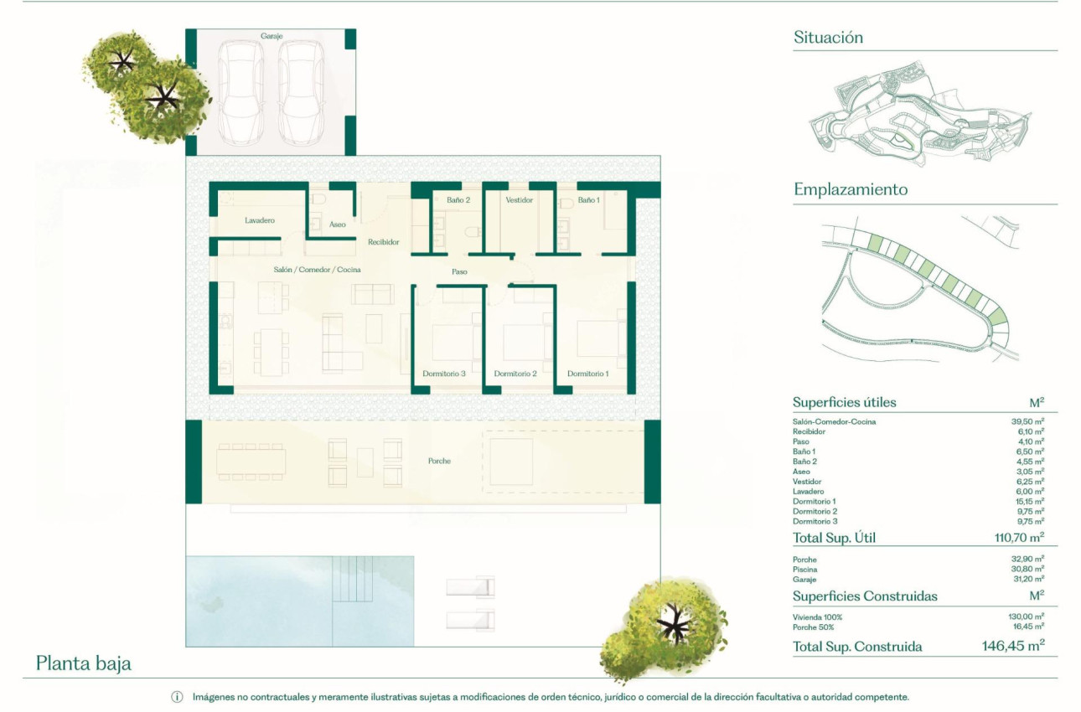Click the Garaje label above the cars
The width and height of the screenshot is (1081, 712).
click(271, 37)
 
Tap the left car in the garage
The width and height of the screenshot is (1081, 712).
click(241, 91)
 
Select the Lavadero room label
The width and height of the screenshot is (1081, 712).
click(260, 221)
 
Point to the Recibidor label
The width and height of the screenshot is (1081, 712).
click(383, 242)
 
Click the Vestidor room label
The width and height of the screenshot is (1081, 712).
click(520, 200)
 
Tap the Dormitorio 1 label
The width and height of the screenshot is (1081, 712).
click(587, 374)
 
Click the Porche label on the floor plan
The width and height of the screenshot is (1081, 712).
click(439, 462)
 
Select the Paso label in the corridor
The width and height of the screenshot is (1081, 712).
click(459, 271)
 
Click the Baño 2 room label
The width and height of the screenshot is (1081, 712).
click(458, 200)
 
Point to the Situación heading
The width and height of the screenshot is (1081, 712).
click(828, 38)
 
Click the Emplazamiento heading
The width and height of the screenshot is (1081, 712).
click(851, 190)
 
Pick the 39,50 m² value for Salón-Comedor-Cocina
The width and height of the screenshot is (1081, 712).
click(1027, 421)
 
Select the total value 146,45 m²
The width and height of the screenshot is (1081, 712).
click(1012, 646)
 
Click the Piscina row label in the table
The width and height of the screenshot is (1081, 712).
click(804, 570)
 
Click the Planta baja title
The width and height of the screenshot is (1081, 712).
click(84, 664)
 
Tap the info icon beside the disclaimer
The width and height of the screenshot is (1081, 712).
click(177, 697)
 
